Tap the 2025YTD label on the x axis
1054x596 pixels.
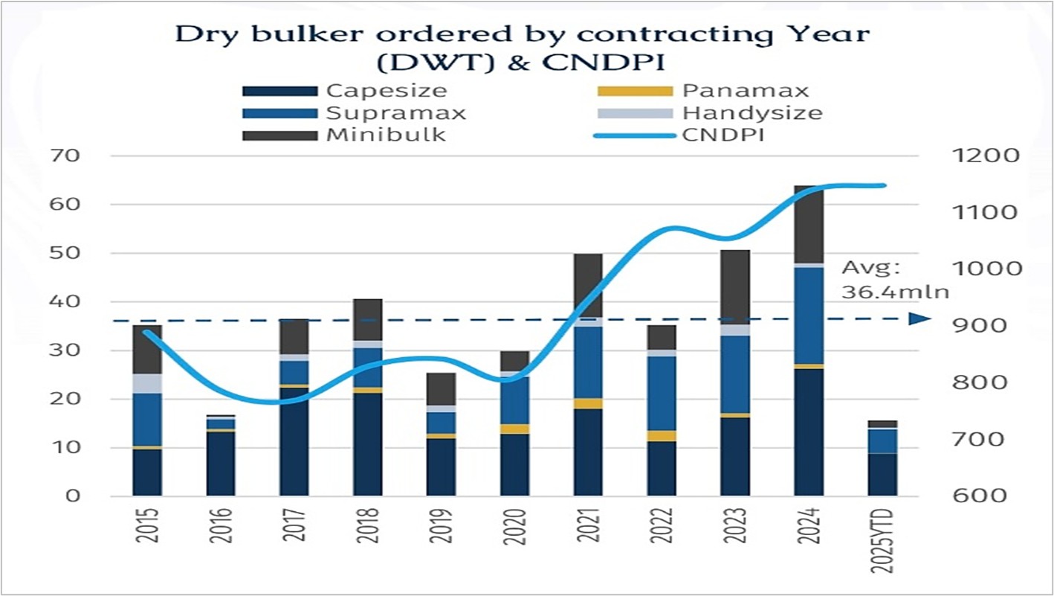pos(882,542)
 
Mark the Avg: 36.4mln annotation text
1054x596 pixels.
pos(895,279)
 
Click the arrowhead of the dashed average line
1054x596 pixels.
pos(919,319)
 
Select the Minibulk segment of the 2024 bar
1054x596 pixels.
pos(809,225)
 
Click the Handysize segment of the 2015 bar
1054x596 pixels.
pos(147,383)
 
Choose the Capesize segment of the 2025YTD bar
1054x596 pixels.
pos(882,474)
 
